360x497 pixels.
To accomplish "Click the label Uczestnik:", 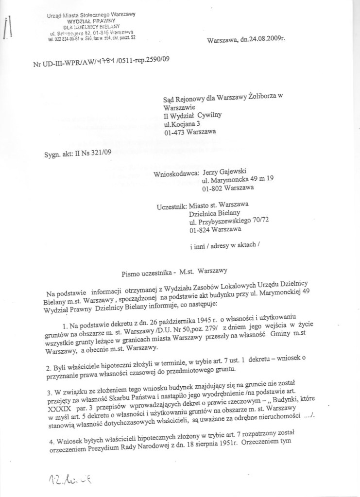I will click(172, 207).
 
